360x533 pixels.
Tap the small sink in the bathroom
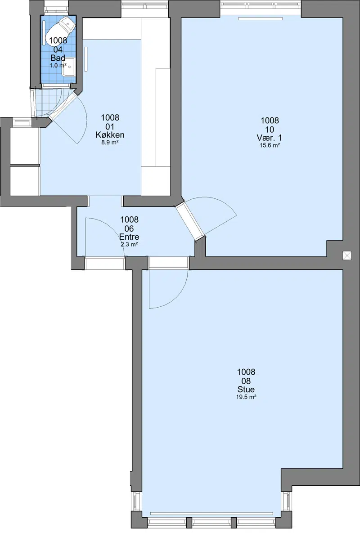68,67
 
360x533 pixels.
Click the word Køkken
110,135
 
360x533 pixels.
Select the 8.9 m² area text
110,143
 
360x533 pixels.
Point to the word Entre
129,237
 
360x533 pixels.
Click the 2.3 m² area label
129,244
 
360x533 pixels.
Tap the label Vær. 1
269,138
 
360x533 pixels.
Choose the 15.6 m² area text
270,145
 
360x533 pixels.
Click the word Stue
246,390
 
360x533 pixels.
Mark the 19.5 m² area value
246,397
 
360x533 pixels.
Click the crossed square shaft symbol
347,255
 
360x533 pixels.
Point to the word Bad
58,58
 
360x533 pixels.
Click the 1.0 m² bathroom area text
58,65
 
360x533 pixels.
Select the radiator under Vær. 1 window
261,19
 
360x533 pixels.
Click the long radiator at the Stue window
212,514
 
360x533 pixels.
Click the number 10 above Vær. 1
270,130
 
